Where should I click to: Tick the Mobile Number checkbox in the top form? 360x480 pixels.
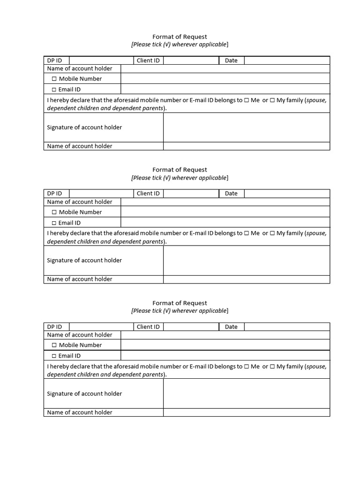point(54,79)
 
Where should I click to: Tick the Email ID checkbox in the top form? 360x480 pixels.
point(54,90)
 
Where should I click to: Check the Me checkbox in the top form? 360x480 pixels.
point(247,100)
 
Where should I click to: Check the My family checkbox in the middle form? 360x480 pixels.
point(272,233)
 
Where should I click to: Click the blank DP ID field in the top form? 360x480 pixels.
point(101,60)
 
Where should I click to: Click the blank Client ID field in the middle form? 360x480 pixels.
point(191,194)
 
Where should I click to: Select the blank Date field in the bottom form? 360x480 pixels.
point(287,327)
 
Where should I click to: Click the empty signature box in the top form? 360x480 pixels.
point(247,127)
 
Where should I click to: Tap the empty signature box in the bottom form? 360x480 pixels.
point(247,394)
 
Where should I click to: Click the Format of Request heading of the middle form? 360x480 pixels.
point(180,170)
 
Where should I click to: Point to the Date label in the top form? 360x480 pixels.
point(231,60)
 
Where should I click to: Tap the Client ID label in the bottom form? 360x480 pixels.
point(148,327)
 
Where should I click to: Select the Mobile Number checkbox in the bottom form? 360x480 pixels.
point(54,345)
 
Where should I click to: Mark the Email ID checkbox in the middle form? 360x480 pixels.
point(54,223)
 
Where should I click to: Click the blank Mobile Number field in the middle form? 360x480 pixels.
point(225,212)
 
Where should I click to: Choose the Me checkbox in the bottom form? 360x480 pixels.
point(247,367)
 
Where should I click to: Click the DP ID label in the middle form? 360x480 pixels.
point(54,194)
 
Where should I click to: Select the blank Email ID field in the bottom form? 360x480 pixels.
point(225,356)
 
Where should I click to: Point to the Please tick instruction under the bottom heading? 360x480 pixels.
point(180,311)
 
